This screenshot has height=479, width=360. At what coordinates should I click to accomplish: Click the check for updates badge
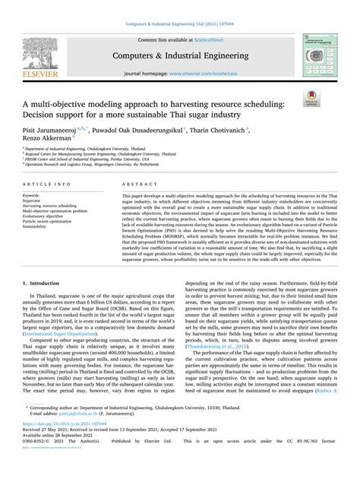pyautogui.click(x=332, y=96)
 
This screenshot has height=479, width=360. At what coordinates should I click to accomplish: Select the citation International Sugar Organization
pyautogui.click(x=65, y=354)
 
